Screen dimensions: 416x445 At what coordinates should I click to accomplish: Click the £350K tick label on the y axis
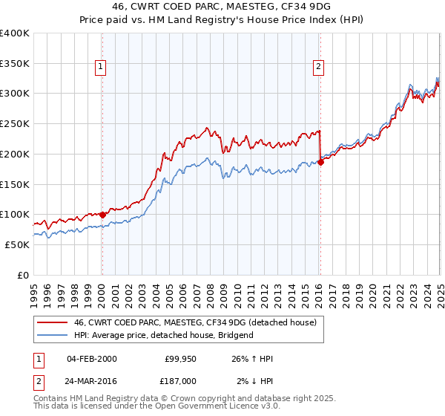tap(15, 64)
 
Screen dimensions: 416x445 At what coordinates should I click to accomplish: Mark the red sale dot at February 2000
tap(102, 215)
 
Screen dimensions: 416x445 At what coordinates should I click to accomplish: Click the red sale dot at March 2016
tap(320, 162)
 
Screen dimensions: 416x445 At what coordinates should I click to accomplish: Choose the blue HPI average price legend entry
tap(164, 335)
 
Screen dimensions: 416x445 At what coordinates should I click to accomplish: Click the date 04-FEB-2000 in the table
tap(91, 359)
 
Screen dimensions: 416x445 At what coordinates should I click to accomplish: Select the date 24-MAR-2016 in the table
tap(92, 380)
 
